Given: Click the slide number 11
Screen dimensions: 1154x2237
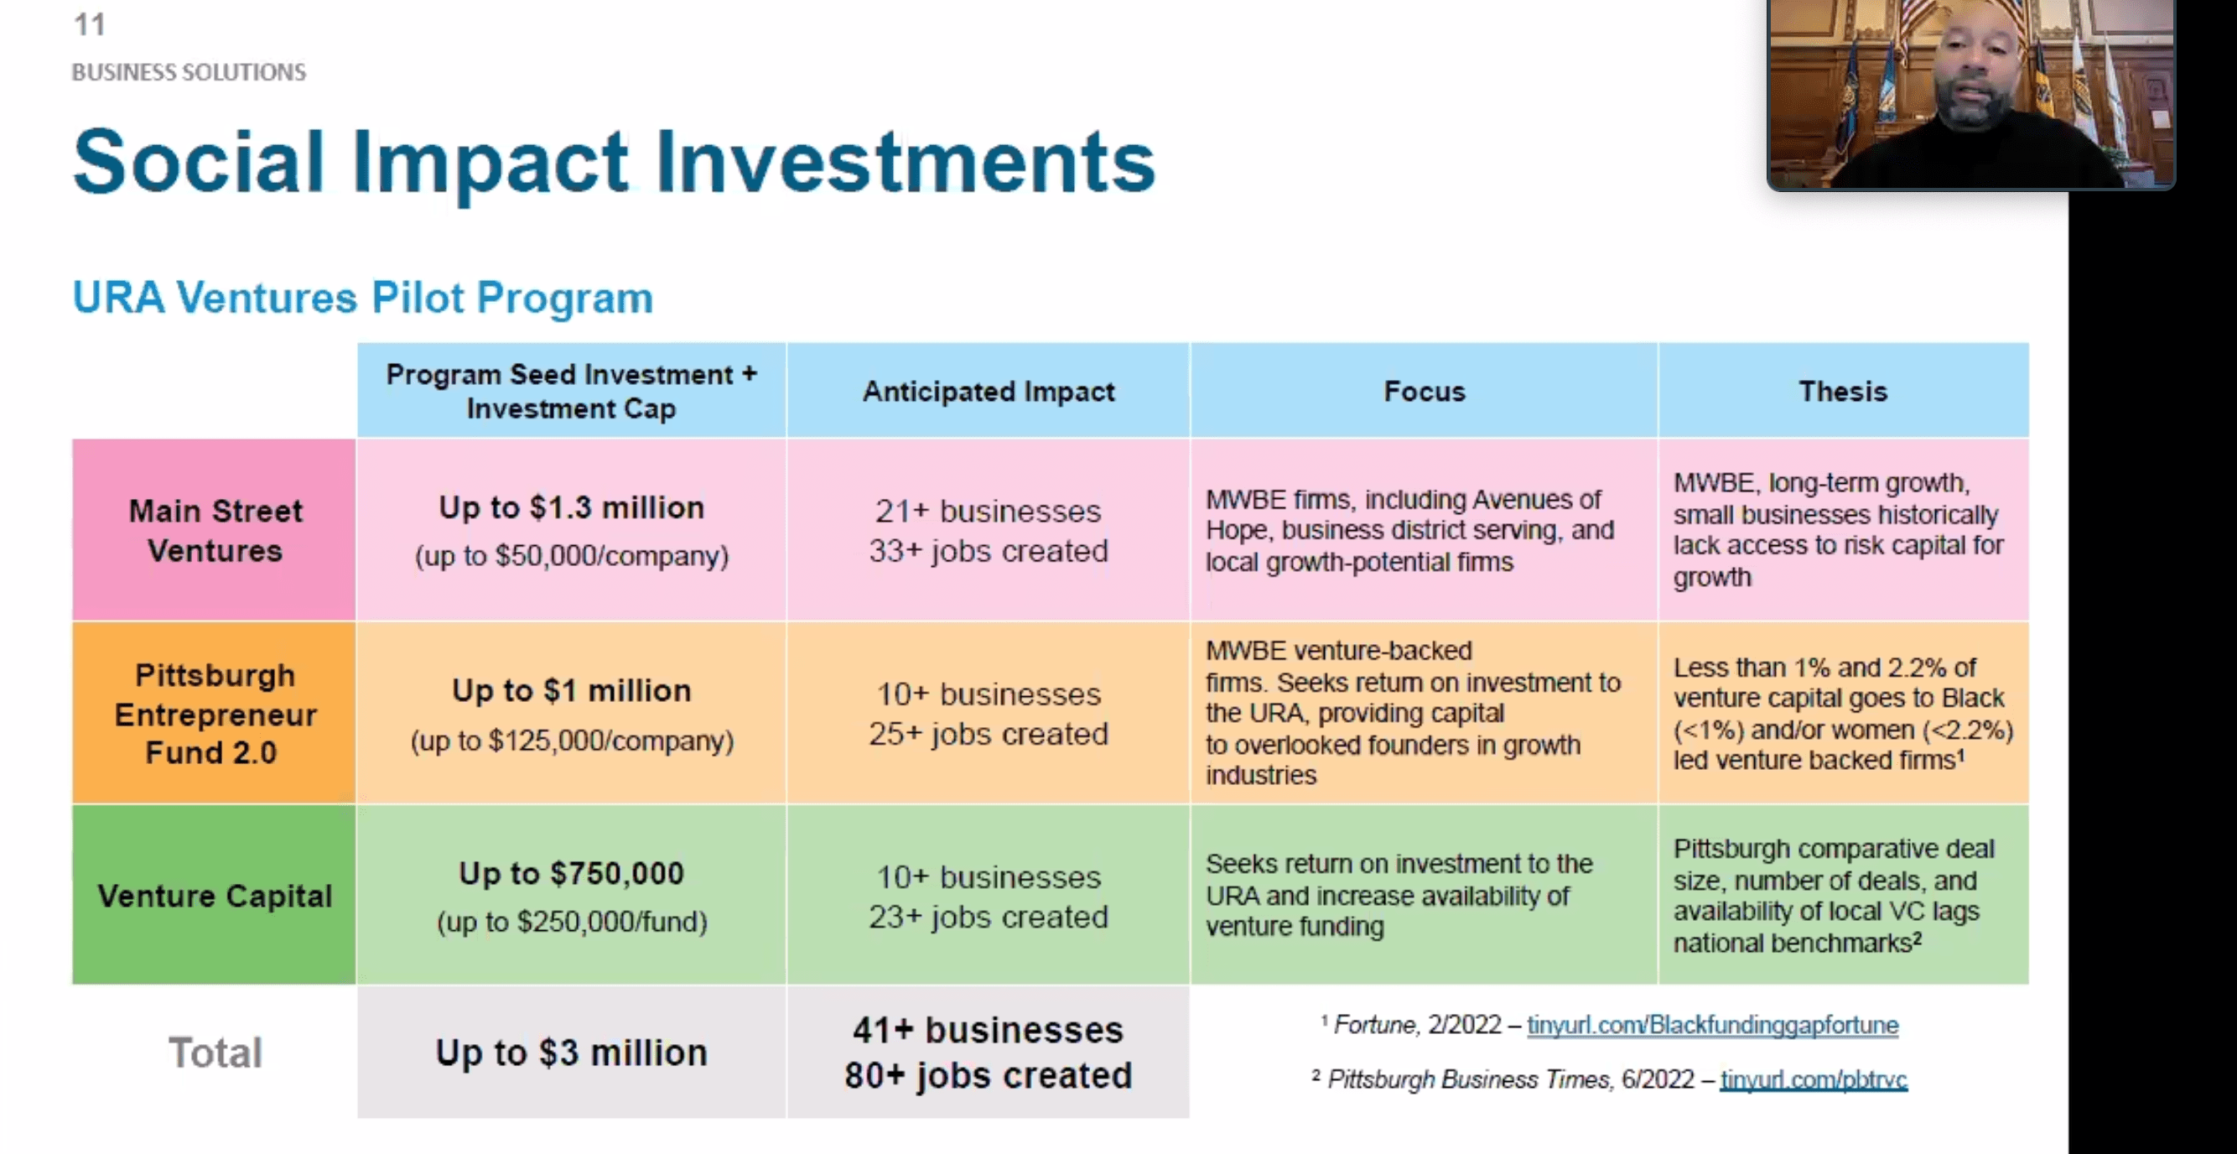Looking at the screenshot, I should click(x=90, y=24).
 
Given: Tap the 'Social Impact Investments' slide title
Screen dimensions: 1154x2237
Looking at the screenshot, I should click(x=614, y=163).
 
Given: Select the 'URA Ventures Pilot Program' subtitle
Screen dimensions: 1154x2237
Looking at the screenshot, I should click(x=362, y=298).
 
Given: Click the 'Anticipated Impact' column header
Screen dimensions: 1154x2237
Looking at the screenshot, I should click(x=989, y=392).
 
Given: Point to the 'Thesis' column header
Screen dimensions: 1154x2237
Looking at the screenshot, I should click(x=1843, y=392).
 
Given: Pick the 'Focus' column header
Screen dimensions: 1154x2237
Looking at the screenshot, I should click(x=1425, y=392).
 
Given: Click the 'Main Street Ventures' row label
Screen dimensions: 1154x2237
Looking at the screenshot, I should click(x=215, y=531).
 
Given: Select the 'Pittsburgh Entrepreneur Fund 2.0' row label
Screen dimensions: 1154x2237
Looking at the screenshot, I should click(x=215, y=714).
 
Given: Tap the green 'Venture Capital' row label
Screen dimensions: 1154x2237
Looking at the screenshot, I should click(x=215, y=895).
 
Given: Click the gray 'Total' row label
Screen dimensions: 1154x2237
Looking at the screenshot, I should click(x=215, y=1053).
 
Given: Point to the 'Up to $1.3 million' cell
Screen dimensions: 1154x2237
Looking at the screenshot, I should click(x=572, y=508).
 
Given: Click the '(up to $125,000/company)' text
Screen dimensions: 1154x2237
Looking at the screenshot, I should click(x=573, y=741).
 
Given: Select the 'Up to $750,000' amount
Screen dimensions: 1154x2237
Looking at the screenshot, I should click(x=572, y=874).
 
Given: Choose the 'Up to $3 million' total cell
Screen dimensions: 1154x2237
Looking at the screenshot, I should click(x=572, y=1053).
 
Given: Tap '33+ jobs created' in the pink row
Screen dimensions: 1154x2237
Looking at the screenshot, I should click(x=989, y=551).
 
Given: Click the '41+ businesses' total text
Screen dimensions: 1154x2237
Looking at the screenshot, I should click(x=989, y=1030).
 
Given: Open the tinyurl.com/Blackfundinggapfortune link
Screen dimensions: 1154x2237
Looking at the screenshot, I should click(x=1712, y=1026).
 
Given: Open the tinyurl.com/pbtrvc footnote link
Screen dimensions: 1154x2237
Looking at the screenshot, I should click(x=1814, y=1079).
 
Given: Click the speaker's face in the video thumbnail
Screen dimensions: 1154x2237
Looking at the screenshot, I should click(x=1973, y=70).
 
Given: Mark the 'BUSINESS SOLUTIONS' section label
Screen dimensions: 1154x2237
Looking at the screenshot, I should click(x=189, y=72).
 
